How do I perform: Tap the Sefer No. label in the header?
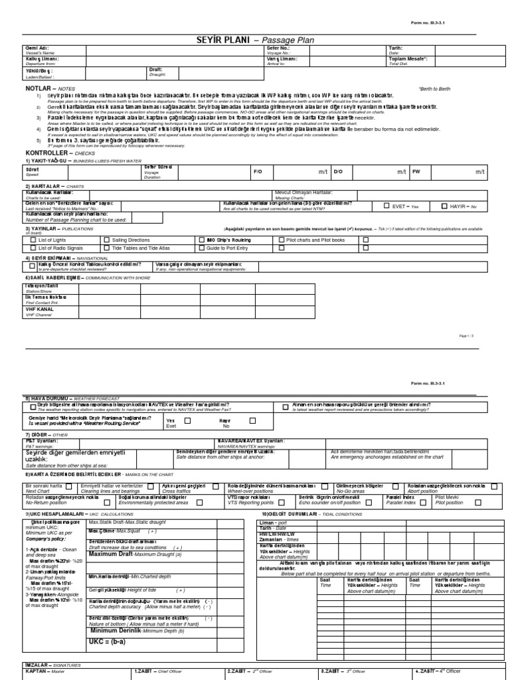[x=280, y=48]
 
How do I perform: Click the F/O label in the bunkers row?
[x=258, y=171]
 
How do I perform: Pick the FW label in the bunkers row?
[x=417, y=171]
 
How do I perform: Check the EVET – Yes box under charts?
[x=387, y=207]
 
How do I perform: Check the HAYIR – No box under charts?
[x=444, y=207]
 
